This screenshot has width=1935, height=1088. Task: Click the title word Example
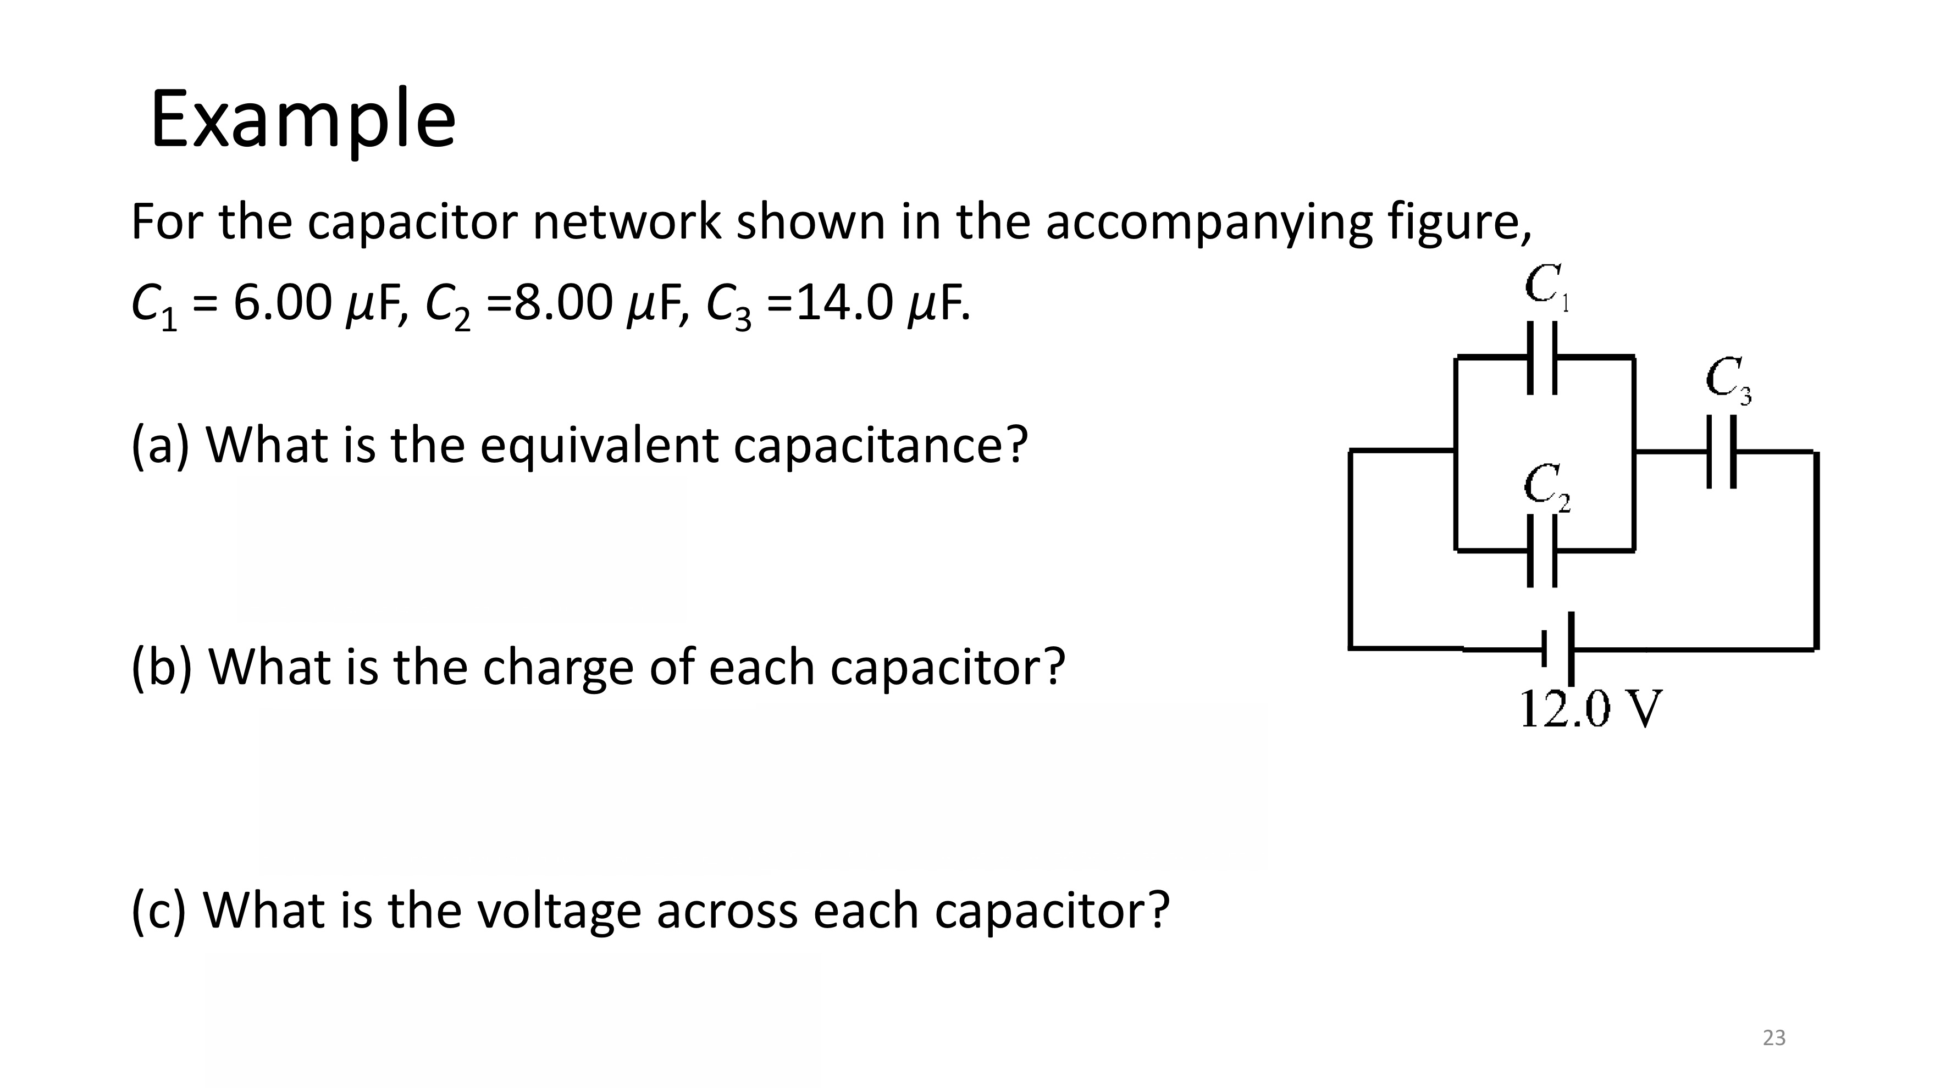tap(303, 120)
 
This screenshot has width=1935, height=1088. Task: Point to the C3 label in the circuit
tap(1728, 380)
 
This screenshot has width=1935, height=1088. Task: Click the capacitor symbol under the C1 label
tap(1542, 357)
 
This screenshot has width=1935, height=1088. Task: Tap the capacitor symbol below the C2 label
tap(1542, 551)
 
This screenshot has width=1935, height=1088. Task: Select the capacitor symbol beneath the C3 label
tap(1721, 452)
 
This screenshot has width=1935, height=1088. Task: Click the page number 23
tap(1773, 1037)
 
